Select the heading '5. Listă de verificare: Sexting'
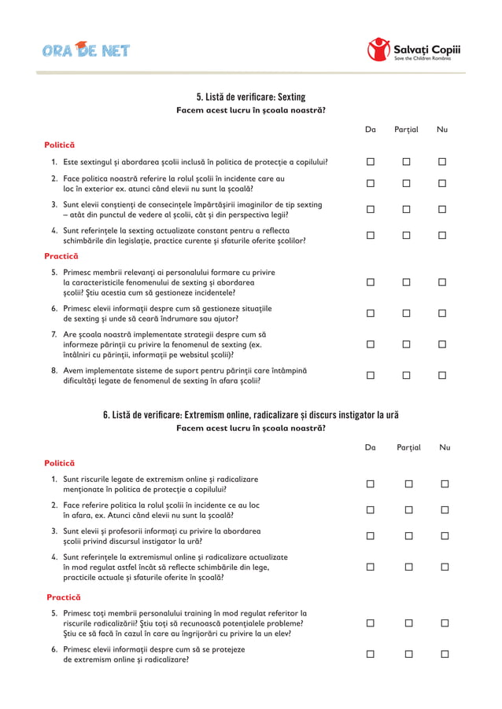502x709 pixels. click(x=250, y=97)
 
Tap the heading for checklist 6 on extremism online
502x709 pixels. click(x=250, y=414)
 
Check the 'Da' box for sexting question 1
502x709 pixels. click(x=370, y=163)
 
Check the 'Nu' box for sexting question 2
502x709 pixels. click(x=442, y=184)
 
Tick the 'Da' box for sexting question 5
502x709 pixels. click(x=370, y=282)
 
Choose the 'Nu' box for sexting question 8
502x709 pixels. click(x=442, y=376)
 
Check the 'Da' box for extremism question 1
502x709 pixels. click(x=370, y=483)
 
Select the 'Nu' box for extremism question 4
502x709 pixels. click(x=445, y=567)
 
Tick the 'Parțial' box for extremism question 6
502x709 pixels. click(x=408, y=655)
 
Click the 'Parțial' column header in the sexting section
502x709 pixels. click(x=406, y=130)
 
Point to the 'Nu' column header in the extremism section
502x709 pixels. click(x=445, y=447)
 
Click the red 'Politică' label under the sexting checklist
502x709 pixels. click(x=59, y=145)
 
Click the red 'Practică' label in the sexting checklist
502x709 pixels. click(x=61, y=256)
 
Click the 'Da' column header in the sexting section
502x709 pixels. click(x=370, y=130)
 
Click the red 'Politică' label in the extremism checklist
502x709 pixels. click(x=59, y=463)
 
